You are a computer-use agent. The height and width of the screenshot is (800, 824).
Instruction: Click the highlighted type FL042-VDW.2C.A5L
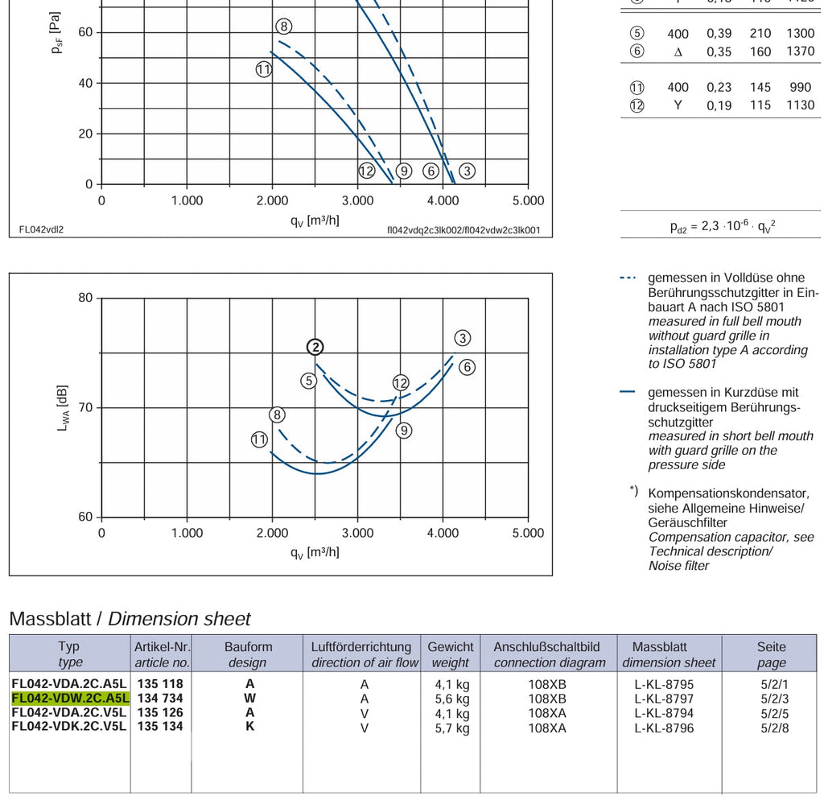(x=70, y=698)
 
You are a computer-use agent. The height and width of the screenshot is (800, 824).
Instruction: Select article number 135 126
(x=160, y=712)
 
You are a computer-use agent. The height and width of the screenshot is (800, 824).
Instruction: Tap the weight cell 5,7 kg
(x=452, y=728)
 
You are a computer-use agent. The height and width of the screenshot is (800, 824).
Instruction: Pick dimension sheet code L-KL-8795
(x=664, y=684)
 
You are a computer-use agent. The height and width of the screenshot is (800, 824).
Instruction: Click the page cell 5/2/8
(x=775, y=728)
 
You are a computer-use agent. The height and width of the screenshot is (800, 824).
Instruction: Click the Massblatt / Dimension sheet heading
(x=130, y=619)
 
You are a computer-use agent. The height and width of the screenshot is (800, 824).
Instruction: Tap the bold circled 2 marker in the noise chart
(x=315, y=347)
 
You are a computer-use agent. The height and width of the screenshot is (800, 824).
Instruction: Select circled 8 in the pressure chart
(x=284, y=27)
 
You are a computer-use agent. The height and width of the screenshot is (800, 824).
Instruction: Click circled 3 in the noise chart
(x=463, y=338)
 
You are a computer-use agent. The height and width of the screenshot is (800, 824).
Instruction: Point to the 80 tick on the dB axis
(x=85, y=298)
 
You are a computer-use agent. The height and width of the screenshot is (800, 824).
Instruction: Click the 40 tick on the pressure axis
(x=85, y=83)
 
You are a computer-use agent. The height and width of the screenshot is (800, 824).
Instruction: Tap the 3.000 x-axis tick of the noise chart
(x=357, y=533)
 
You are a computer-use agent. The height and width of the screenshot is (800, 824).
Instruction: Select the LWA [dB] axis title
(x=62, y=408)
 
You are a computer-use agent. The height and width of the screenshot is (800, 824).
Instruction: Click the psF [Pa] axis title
(x=56, y=32)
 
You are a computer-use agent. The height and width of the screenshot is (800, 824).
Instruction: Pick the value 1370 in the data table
(x=801, y=51)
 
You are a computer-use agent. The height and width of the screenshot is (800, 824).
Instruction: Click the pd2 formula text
(x=723, y=226)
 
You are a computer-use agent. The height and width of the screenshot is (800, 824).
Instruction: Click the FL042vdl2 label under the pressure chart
(x=41, y=229)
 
